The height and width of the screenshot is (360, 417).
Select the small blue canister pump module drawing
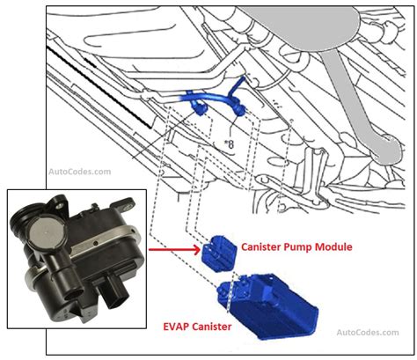click(221, 253)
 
